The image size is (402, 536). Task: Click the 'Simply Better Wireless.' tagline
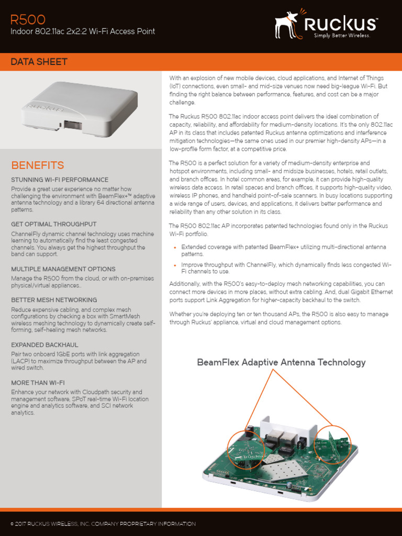(x=342, y=36)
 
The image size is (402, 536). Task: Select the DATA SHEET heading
(x=39, y=62)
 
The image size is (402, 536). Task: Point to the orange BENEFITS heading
(x=38, y=165)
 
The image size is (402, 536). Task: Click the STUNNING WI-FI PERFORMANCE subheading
(x=60, y=180)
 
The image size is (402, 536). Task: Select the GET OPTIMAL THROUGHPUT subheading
(x=53, y=224)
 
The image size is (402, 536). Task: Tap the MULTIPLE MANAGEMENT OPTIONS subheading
(x=63, y=269)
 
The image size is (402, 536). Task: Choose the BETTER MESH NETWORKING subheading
(x=54, y=300)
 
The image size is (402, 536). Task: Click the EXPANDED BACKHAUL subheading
(x=44, y=345)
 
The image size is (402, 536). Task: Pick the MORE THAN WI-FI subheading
(x=38, y=383)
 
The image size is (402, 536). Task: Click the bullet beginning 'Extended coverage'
(x=283, y=250)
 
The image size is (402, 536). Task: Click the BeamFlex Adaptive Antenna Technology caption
(x=281, y=363)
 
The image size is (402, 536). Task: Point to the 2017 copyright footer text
(x=103, y=523)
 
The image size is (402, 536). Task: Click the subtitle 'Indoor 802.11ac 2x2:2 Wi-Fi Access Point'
(x=83, y=32)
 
